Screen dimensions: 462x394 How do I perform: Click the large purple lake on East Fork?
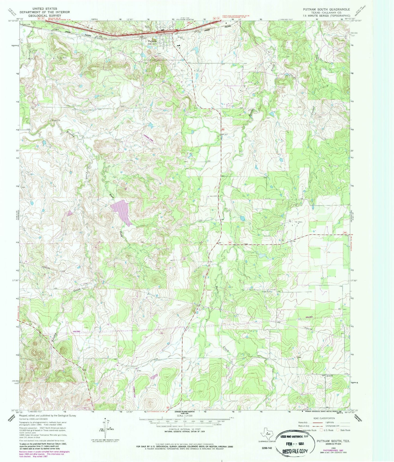(x=122, y=211)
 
